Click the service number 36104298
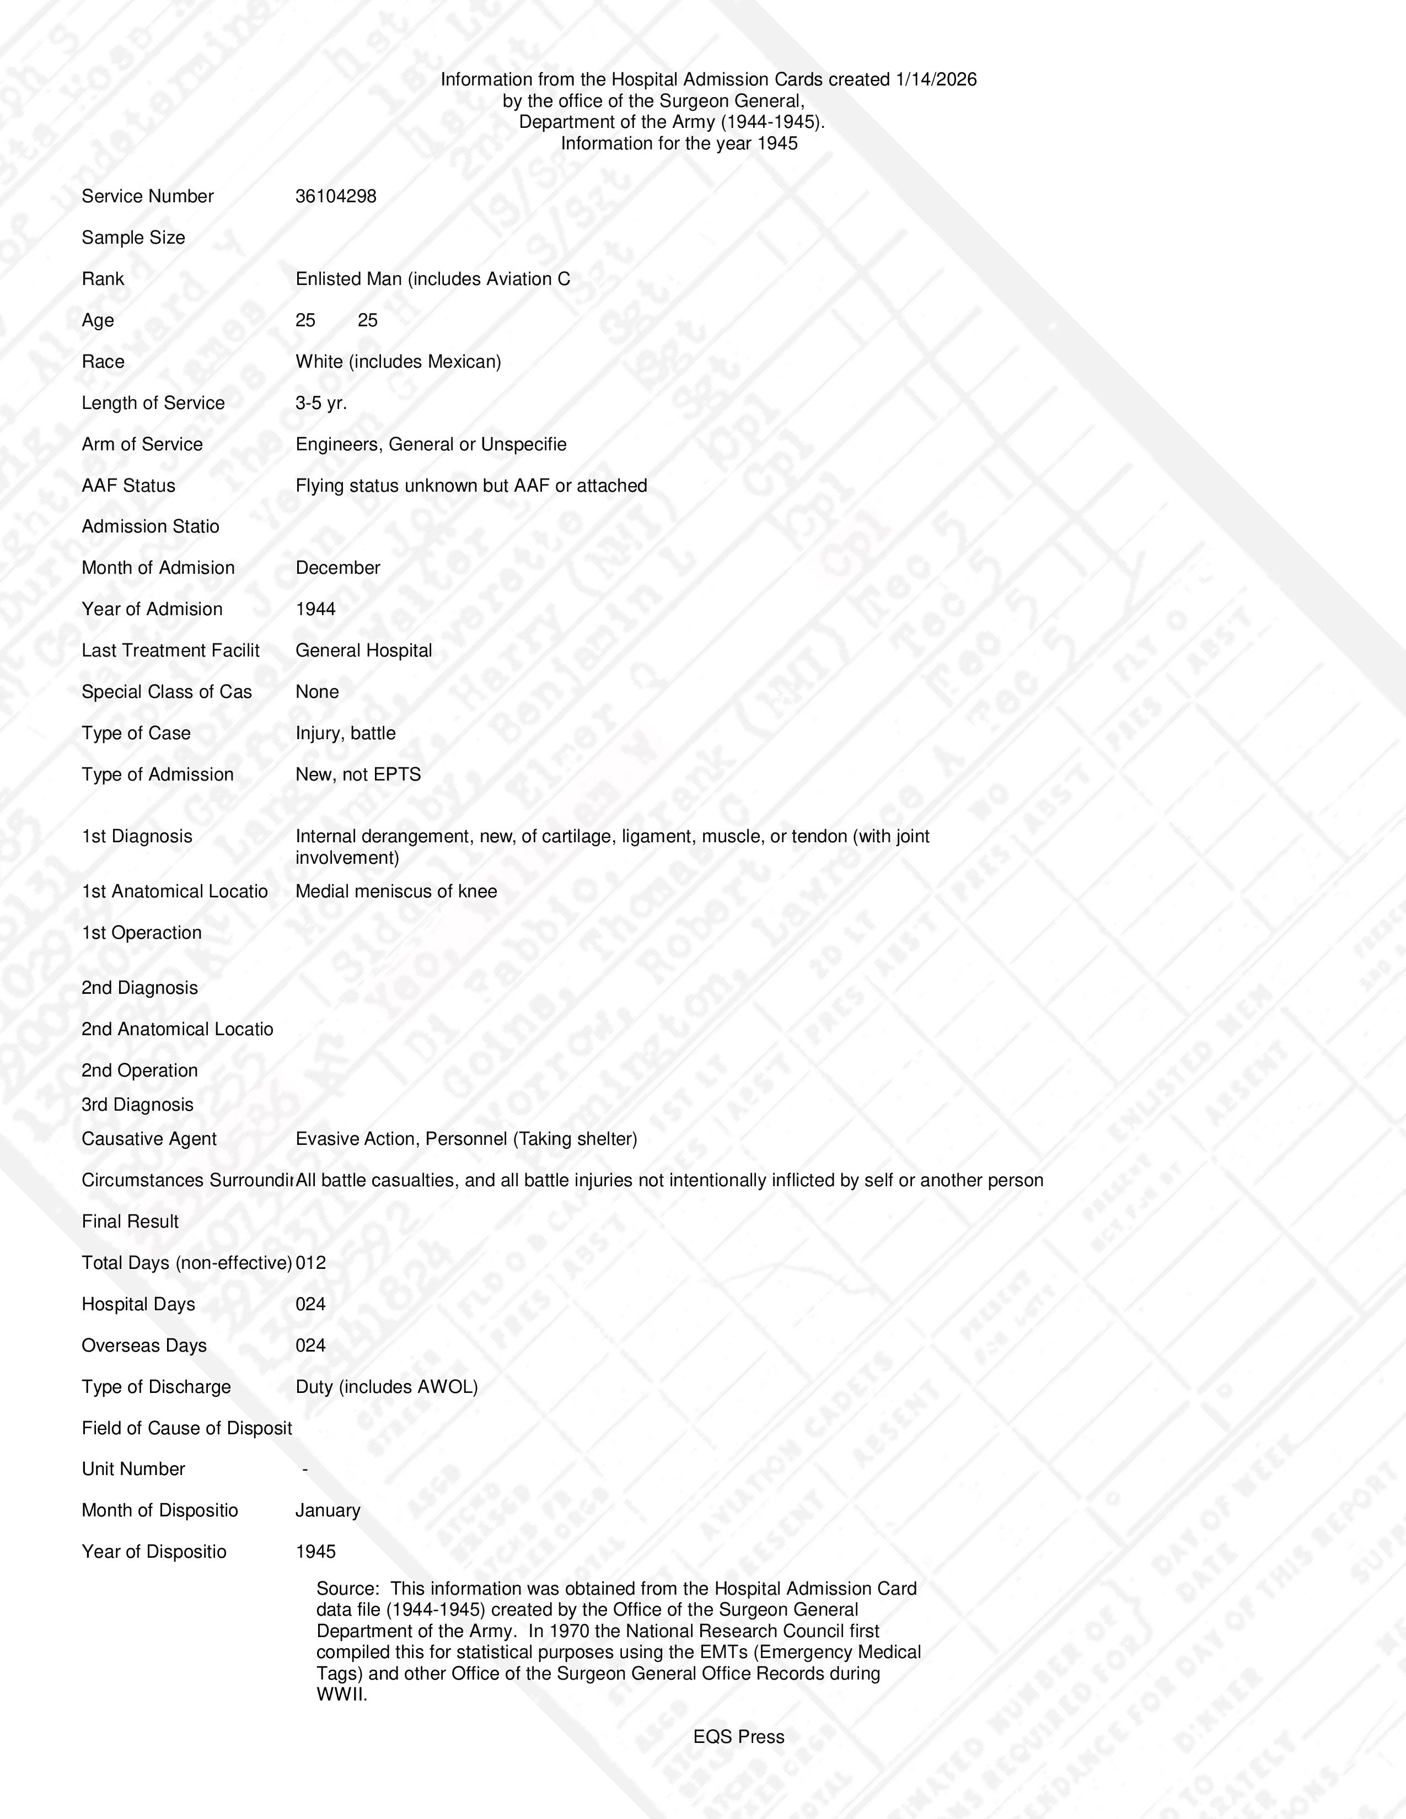[x=336, y=197]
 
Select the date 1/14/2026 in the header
[x=935, y=80]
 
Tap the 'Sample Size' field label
[x=133, y=238]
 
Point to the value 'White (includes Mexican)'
[x=398, y=362]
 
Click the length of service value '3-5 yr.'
[x=321, y=403]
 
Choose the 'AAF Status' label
[x=128, y=486]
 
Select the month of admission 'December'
[x=337, y=568]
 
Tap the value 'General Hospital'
[x=363, y=650]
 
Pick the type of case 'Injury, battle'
[x=345, y=734]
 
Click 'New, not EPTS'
[x=358, y=774]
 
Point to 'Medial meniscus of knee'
[x=396, y=892]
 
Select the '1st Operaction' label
[x=142, y=933]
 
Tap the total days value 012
[x=310, y=1263]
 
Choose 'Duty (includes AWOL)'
[x=387, y=1387]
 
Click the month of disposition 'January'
[x=328, y=1511]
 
